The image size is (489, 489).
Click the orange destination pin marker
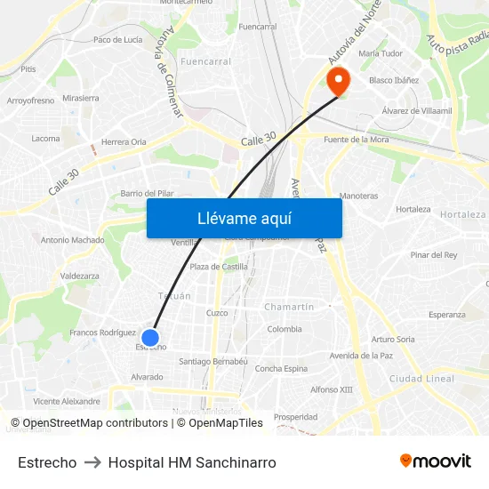click(x=339, y=82)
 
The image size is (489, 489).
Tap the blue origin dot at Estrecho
click(x=150, y=338)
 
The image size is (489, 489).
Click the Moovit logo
click(x=436, y=461)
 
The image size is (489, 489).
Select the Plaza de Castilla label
click(x=219, y=267)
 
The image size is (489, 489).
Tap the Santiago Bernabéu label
click(x=213, y=362)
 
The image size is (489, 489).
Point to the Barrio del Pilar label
click(x=147, y=193)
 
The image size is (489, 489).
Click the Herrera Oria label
click(x=124, y=141)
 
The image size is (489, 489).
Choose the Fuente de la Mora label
click(x=356, y=140)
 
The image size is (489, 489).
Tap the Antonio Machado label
click(x=72, y=240)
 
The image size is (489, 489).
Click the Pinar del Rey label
click(x=434, y=255)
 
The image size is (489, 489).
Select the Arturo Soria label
click(x=393, y=339)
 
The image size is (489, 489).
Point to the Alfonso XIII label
click(x=332, y=389)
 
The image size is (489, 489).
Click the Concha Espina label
click(x=281, y=369)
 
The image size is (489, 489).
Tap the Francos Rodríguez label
click(x=102, y=333)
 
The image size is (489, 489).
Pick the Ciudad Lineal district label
click(x=421, y=379)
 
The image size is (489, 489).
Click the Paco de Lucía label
click(x=118, y=40)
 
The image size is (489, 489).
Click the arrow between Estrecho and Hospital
click(x=92, y=462)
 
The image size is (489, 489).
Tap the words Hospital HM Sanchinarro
click(x=192, y=462)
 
